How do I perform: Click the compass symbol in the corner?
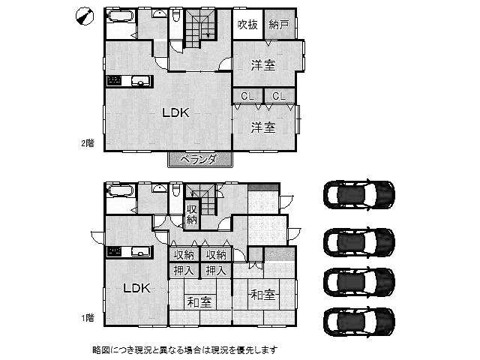click(x=85, y=16)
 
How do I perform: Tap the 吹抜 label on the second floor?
click(x=247, y=25)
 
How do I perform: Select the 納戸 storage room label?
click(x=278, y=25)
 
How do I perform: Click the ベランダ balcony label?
click(x=199, y=160)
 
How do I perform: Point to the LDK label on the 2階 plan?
click(x=175, y=112)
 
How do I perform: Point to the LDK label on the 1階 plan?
click(x=136, y=288)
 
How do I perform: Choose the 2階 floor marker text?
click(x=88, y=143)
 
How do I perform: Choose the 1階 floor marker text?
click(x=88, y=318)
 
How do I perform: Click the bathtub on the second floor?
click(x=120, y=16)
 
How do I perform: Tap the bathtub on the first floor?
click(x=120, y=191)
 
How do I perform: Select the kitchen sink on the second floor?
click(x=140, y=81)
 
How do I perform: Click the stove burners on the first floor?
click(x=114, y=252)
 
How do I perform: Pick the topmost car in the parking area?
click(x=359, y=194)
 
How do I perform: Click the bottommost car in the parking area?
click(x=359, y=322)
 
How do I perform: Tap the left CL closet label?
click(x=247, y=97)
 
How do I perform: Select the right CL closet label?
click(x=279, y=97)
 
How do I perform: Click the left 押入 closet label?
click(x=183, y=271)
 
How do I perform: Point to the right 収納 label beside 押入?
click(x=216, y=255)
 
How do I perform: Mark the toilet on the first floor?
click(x=176, y=190)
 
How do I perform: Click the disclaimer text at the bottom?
click(x=185, y=350)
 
